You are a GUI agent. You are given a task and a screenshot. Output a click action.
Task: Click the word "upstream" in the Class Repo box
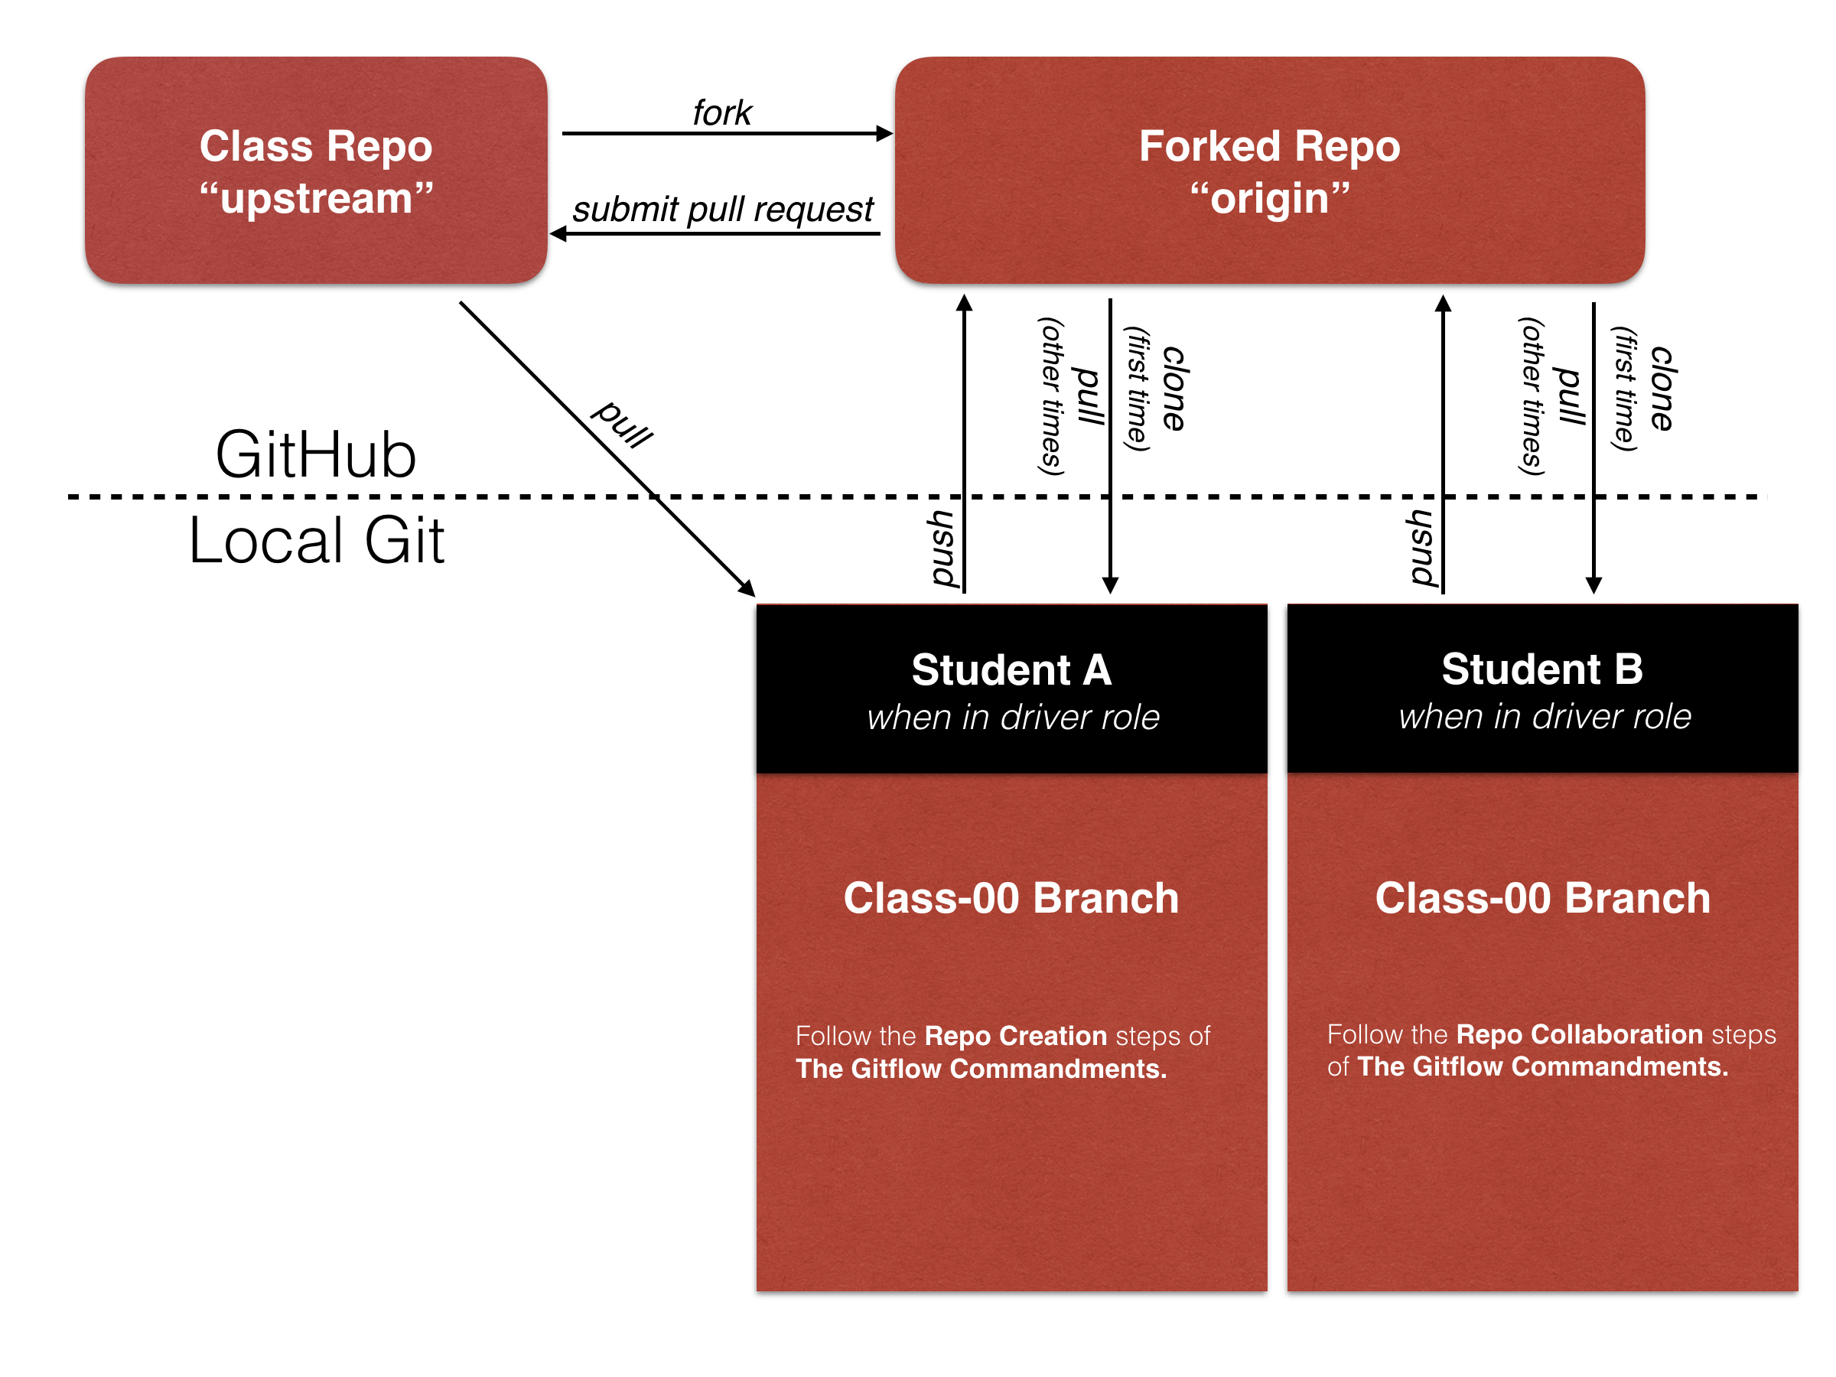point(316,198)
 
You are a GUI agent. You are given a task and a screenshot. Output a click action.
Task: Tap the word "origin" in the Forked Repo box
point(1269,198)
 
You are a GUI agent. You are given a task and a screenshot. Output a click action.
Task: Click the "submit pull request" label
point(722,208)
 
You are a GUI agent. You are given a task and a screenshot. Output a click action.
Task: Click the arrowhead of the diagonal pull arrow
point(748,588)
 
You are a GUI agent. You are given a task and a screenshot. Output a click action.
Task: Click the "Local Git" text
point(316,540)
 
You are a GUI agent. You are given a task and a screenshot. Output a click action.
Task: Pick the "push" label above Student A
point(944,549)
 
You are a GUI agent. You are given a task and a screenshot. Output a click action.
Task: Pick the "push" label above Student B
point(1423,549)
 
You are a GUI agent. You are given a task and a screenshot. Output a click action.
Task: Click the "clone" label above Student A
point(1174,389)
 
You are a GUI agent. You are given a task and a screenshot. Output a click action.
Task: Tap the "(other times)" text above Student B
point(1532,397)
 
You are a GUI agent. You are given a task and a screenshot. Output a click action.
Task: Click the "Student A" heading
point(1011,670)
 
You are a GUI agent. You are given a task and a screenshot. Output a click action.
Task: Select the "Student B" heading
point(1542,669)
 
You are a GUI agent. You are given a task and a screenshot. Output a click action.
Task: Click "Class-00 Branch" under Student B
point(1542,898)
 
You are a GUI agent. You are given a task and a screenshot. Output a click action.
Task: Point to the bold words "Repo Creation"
point(1015,1036)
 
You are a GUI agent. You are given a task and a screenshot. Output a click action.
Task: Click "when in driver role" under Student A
point(1013,717)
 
